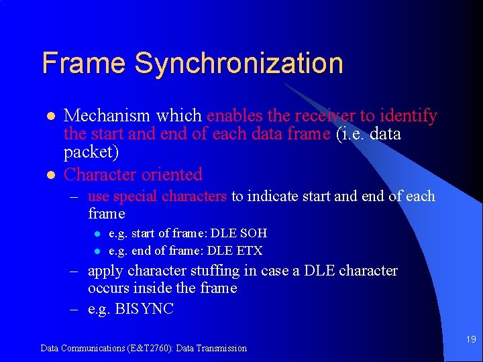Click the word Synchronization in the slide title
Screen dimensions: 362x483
coord(239,64)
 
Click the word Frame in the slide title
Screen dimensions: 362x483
coord(85,63)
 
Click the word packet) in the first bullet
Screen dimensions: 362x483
coord(91,152)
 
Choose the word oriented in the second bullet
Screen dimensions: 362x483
coord(172,174)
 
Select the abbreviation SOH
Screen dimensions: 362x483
coord(254,233)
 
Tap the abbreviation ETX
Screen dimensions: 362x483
coord(250,251)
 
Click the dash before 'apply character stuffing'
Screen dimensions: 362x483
coord(76,271)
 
